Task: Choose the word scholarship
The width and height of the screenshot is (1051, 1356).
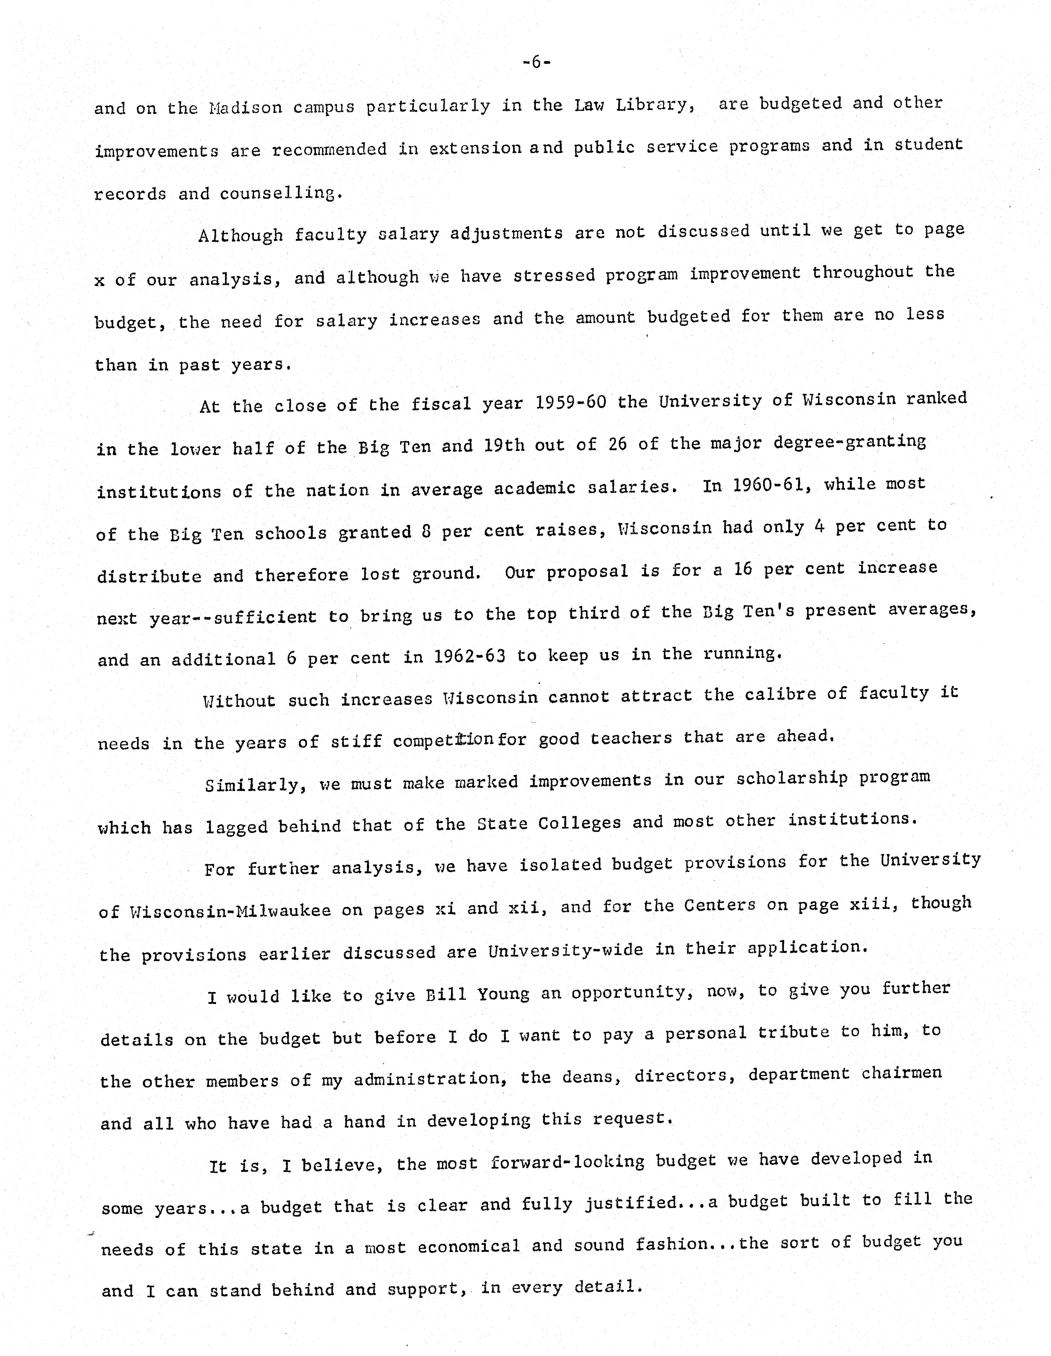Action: tap(791, 779)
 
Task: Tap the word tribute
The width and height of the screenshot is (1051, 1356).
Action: tap(793, 1032)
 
